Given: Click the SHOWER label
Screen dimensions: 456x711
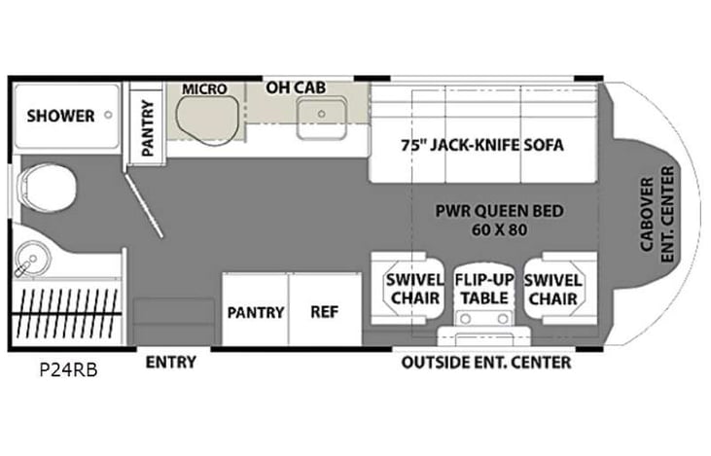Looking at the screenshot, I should click(x=60, y=116).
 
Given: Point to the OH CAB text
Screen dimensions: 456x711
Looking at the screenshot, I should click(x=296, y=88).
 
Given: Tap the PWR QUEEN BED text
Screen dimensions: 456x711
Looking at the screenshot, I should click(x=499, y=211).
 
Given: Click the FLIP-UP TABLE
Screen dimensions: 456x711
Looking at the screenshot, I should click(x=483, y=287).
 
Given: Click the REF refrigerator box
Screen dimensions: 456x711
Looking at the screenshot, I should click(x=324, y=312).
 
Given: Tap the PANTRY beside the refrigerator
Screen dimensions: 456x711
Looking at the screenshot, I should click(x=256, y=312).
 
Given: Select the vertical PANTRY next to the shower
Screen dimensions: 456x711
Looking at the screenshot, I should click(x=148, y=128).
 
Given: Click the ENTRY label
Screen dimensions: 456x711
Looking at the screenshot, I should click(x=170, y=363).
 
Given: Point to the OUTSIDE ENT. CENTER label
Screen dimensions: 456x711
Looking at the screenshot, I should click(x=486, y=363).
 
